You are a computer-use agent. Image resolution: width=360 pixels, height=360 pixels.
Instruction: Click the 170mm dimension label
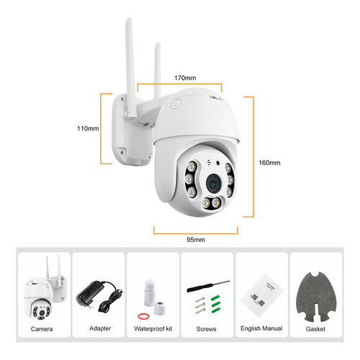tap(185, 78)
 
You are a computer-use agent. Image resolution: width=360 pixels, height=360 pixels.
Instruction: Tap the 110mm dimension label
tap(88, 128)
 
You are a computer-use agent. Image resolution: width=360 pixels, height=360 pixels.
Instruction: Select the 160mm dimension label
tap(269, 163)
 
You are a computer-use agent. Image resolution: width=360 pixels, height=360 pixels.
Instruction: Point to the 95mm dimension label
tap(196, 240)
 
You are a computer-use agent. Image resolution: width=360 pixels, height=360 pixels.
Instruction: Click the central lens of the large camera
tap(213, 184)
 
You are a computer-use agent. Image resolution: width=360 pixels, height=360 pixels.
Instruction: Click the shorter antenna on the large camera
tap(158, 70)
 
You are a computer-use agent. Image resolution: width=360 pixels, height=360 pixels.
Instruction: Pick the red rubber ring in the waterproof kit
tap(143, 316)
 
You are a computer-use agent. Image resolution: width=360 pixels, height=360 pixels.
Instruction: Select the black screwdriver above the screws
tap(208, 286)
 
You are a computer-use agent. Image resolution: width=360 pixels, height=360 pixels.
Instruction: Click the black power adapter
tap(99, 296)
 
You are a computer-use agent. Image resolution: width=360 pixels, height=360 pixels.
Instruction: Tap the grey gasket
tap(316, 297)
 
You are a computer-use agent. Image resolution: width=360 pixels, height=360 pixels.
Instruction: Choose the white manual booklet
tap(262, 295)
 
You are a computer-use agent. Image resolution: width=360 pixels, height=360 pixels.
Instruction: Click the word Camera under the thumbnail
tap(42, 329)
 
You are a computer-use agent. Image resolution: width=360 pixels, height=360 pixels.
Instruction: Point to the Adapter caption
tap(100, 328)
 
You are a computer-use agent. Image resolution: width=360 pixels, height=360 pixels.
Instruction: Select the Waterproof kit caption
tap(153, 328)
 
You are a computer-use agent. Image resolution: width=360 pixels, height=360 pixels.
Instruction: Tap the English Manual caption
tap(261, 328)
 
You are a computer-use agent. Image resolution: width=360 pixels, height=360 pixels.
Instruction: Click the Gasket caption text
tap(315, 329)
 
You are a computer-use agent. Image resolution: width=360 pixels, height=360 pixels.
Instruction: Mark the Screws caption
tap(206, 329)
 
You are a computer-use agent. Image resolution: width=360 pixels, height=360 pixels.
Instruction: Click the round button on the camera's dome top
tap(176, 104)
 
